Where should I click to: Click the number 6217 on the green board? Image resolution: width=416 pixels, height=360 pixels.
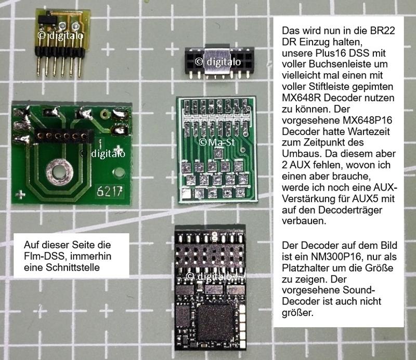tap(110, 191)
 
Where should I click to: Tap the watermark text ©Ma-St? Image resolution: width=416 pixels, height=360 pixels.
tap(217, 142)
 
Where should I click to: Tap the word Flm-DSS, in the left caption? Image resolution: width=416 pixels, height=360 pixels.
tap(45, 256)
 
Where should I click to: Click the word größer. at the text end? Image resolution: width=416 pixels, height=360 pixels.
tap(297, 313)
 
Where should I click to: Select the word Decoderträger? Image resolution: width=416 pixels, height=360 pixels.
tap(350, 210)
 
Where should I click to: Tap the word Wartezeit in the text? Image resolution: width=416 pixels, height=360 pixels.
tap(371, 131)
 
